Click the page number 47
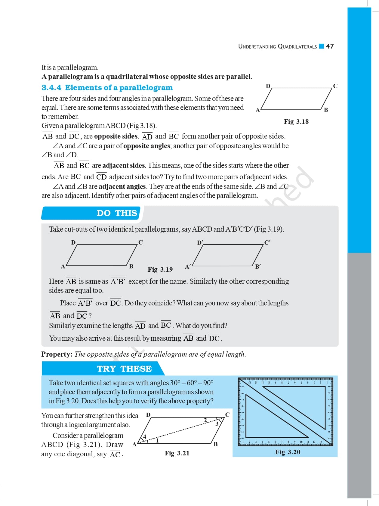coord(330,46)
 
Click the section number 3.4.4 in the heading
coord(51,88)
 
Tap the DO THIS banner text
coord(117,213)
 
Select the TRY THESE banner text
coord(124,369)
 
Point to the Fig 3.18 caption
coord(296,122)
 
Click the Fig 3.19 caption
coord(160,269)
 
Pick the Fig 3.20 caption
coord(288,452)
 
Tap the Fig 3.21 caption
coord(177,453)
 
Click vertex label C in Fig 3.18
coord(335,86)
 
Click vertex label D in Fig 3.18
coord(268,86)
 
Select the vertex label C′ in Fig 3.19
coord(267,242)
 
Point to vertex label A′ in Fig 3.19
coord(188,267)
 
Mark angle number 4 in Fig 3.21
coord(144,437)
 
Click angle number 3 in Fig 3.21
coord(217,424)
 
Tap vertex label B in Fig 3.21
coord(215,444)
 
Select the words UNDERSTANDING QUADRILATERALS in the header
coord(277,46)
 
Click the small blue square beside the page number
coord(321,46)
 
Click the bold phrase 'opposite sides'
coord(116,136)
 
